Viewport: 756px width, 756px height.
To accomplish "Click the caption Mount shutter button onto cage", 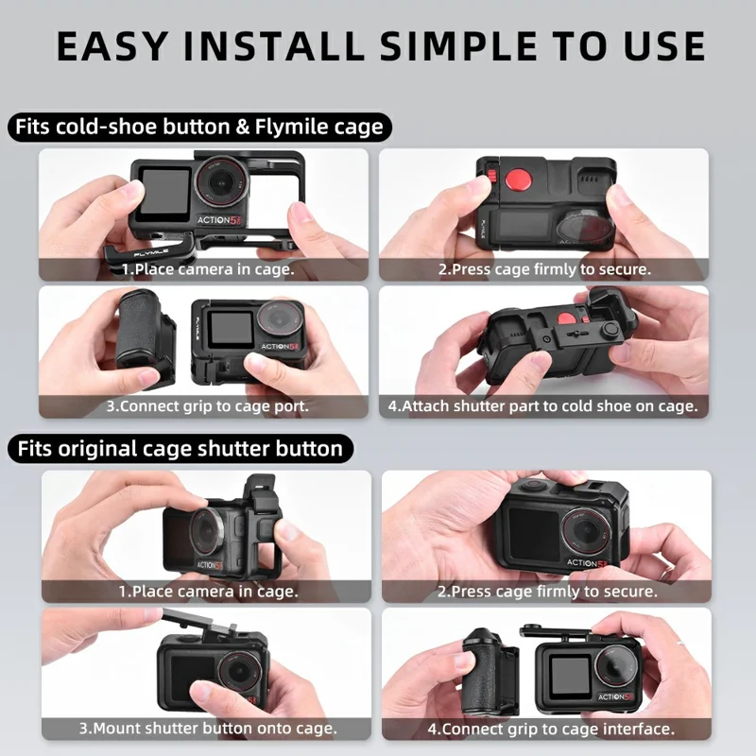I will click(208, 729).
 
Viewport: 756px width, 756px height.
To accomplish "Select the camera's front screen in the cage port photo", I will click(229, 329).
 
